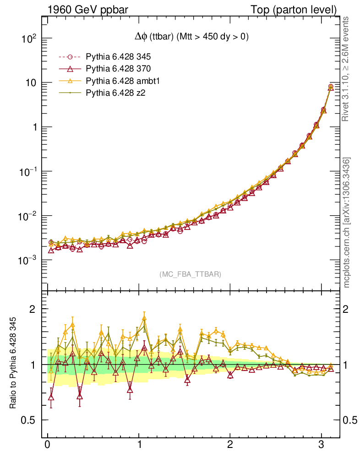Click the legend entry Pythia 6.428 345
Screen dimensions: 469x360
(118, 57)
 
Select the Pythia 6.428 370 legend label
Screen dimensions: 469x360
(118, 69)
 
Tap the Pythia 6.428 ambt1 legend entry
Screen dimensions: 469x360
(121, 81)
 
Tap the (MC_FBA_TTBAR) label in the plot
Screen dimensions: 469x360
(191, 274)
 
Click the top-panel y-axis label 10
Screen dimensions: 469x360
(32, 83)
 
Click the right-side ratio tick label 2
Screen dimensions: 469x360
(350, 309)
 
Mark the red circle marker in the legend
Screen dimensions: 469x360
(70, 57)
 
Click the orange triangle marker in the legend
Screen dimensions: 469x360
(70, 81)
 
